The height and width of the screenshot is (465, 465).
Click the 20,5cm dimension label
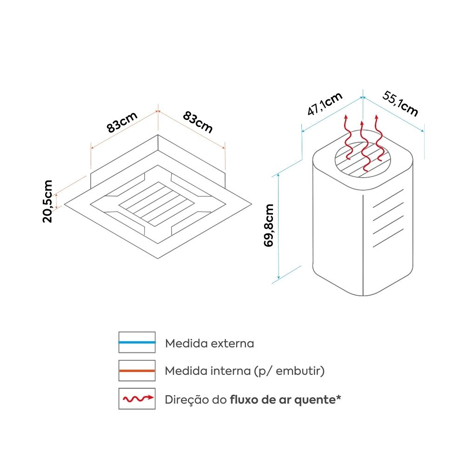[47, 201]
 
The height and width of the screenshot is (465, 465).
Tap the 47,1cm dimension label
[325, 104]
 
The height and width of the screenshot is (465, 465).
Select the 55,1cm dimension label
[400, 103]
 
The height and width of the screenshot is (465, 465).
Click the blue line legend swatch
[137, 342]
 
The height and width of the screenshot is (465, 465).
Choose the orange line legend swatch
[137, 371]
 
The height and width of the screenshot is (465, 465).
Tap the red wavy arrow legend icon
[137, 399]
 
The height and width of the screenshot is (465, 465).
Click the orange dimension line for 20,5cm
[57, 201]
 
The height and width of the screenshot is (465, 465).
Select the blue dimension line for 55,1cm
[393, 114]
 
